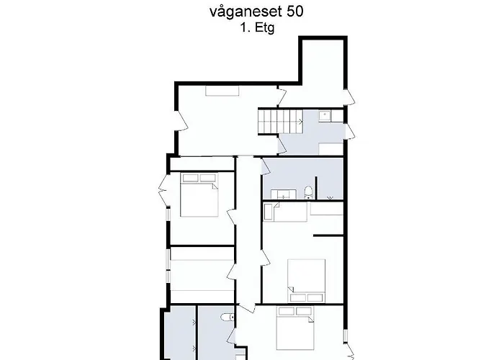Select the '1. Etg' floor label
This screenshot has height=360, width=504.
[x=258, y=28]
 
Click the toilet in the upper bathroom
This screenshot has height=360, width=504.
[x=308, y=191]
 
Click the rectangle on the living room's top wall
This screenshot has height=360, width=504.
[x=216, y=90]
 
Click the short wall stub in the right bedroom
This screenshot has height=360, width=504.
[x=328, y=235]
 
